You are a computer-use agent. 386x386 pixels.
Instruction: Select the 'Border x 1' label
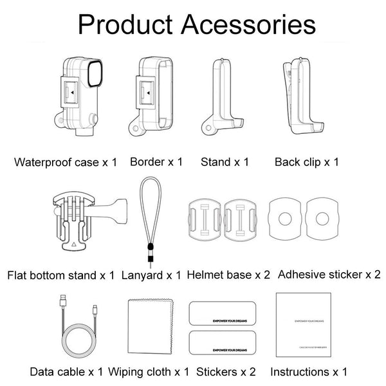coord(156,161)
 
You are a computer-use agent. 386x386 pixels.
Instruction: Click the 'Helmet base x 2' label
coord(228,275)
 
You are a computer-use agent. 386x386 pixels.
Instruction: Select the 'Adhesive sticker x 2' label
coord(329,275)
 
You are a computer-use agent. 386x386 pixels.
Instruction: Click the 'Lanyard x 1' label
coord(151,275)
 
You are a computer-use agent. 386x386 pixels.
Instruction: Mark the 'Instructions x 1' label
coord(308,372)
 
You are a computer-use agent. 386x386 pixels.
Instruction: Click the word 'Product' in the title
coord(124,26)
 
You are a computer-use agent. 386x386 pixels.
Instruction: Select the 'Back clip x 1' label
coord(307,161)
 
